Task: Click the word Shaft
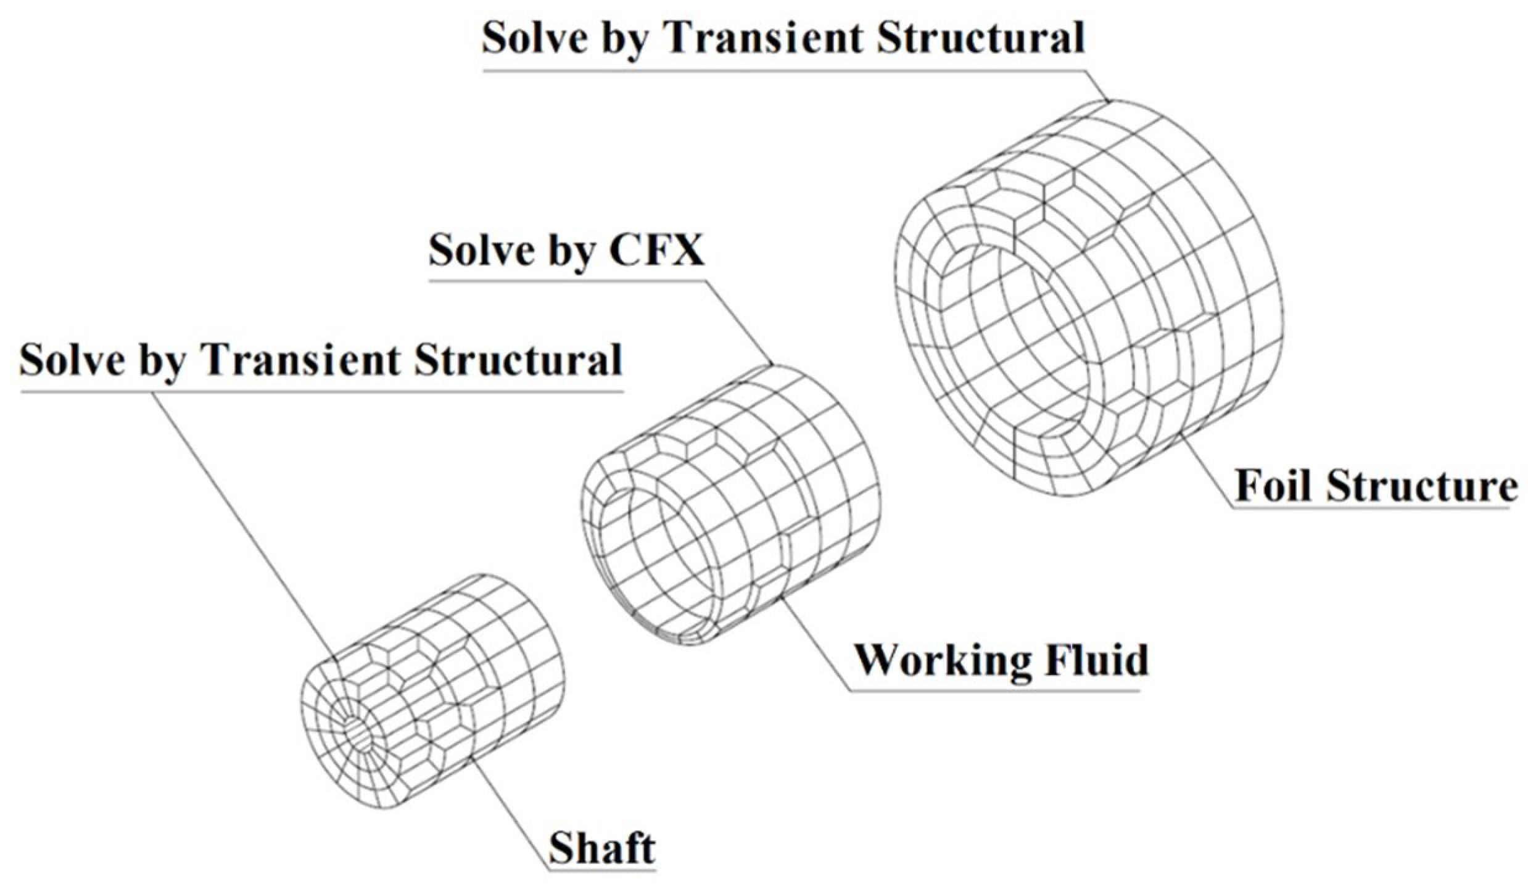(601, 848)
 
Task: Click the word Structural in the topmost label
(980, 38)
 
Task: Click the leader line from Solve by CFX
(737, 321)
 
